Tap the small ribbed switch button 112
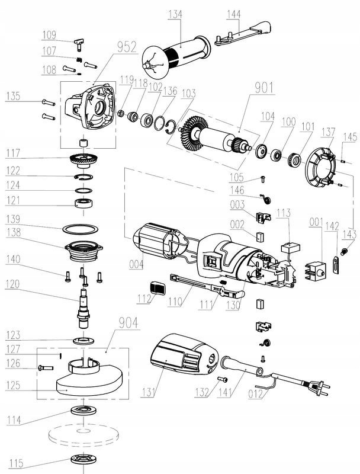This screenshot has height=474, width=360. coord(156,289)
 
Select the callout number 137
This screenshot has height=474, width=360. coord(327,131)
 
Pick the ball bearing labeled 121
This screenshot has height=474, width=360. coord(83,203)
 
